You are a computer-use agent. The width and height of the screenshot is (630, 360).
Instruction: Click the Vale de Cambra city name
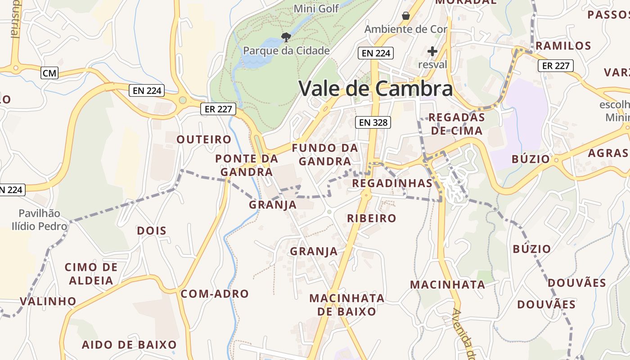click(375, 88)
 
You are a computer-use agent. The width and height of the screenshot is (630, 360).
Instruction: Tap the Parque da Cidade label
click(286, 50)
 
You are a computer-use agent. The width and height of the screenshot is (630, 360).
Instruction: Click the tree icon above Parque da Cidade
click(286, 37)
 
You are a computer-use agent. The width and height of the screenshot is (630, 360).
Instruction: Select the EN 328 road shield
click(372, 122)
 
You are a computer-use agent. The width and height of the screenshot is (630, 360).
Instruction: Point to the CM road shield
click(49, 73)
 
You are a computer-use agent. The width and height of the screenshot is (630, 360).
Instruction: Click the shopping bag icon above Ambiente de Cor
click(406, 16)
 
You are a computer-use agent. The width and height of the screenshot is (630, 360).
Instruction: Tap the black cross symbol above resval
click(432, 51)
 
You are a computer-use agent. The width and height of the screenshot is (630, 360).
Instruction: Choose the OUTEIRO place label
click(204, 139)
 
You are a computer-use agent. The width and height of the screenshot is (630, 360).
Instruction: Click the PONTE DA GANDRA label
click(247, 165)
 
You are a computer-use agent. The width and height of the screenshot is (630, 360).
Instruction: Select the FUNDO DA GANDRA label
click(325, 154)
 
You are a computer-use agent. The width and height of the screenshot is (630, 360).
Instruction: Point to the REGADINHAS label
click(392, 183)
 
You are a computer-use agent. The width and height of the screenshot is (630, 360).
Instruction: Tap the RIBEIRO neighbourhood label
click(372, 218)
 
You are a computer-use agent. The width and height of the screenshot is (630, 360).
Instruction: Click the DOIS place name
click(152, 231)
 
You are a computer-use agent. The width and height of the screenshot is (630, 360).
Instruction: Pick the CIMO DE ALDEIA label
click(91, 274)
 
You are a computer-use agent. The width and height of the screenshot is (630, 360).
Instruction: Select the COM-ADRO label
click(215, 294)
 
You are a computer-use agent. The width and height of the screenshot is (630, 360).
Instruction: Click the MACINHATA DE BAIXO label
click(347, 305)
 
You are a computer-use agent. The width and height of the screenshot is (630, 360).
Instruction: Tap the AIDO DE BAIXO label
click(129, 345)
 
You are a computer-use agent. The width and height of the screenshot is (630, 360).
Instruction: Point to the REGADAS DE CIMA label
click(456, 124)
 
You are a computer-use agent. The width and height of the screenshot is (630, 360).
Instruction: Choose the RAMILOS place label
click(563, 46)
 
